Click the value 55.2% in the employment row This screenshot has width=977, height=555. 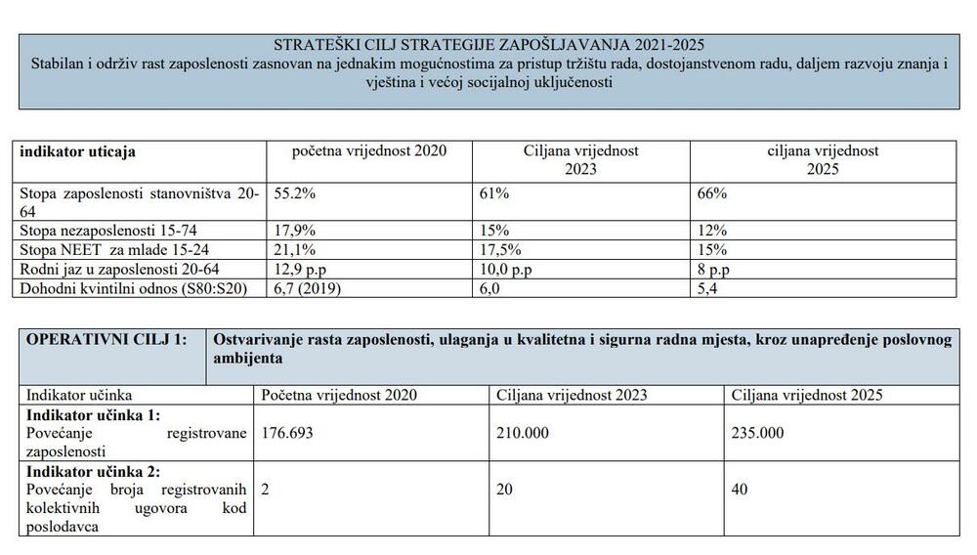(296, 194)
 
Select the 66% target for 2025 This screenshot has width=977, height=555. (713, 194)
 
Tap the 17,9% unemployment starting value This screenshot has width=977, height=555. (296, 231)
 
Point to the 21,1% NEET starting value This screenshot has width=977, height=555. (296, 249)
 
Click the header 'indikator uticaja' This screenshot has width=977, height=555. (78, 151)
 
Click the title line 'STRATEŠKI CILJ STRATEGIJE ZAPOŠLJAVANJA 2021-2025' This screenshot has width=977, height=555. (488, 44)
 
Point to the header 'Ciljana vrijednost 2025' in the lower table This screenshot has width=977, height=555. (807, 395)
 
